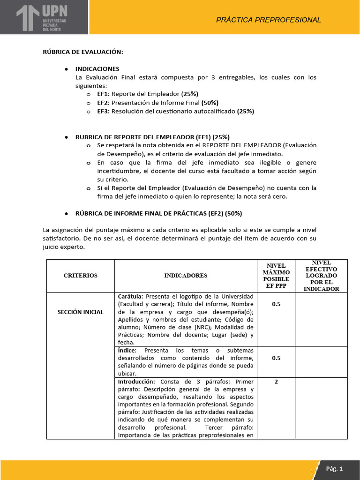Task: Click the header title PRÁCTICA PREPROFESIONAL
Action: [x=269, y=20]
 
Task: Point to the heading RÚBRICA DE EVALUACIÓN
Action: [x=83, y=52]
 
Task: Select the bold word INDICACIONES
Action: [x=97, y=68]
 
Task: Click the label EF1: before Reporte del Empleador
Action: [x=104, y=94]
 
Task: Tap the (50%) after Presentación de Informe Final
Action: [x=210, y=102]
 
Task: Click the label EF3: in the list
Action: [x=104, y=111]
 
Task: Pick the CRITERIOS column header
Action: [x=81, y=276]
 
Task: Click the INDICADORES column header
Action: [x=186, y=276]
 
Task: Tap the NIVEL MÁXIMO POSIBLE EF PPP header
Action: [x=276, y=276]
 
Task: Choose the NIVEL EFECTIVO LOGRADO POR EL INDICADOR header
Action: [x=321, y=276]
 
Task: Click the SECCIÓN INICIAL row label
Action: [x=81, y=312]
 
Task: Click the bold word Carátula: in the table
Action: [x=131, y=297]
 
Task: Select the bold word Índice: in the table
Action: [x=127, y=351]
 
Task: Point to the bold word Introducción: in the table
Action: [x=135, y=382]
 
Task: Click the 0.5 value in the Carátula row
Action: [x=276, y=304]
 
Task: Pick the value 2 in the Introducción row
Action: [x=276, y=382]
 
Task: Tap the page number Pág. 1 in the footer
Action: [x=335, y=468]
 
